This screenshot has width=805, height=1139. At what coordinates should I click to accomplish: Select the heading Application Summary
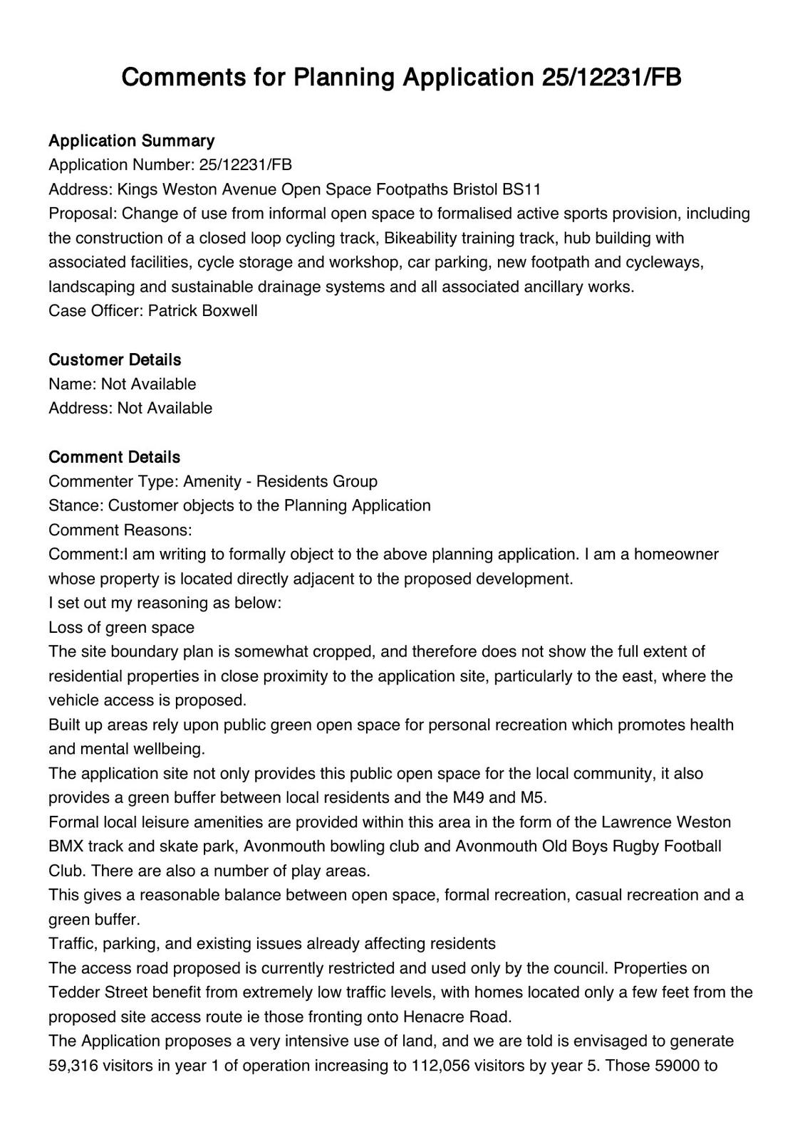131,140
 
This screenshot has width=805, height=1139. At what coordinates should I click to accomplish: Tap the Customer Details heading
115,359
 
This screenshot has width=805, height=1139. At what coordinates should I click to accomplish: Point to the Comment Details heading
114,457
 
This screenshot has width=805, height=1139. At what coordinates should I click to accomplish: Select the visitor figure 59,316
76,1066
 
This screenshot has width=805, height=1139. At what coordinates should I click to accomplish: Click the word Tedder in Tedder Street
74,992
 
